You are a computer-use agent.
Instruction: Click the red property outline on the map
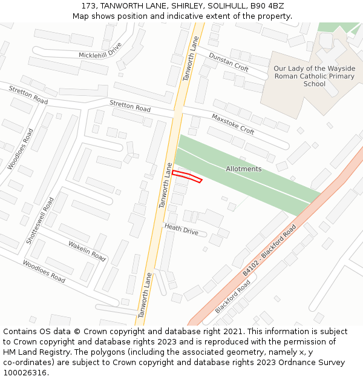pos(187,176)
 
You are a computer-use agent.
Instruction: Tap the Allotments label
pos(244,169)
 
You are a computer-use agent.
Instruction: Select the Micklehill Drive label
pos(100,50)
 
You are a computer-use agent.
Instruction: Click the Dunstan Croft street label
pos(229,62)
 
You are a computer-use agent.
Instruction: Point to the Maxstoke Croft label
pos(233,123)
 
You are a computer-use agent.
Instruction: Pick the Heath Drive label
pos(181,230)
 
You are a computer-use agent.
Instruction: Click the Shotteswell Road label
pos(40,220)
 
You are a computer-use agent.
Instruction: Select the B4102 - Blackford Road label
pos(269,250)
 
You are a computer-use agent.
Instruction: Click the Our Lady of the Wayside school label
pos(315,76)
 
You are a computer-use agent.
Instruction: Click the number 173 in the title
pos(88,6)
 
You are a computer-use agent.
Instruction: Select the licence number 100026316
pos(26,372)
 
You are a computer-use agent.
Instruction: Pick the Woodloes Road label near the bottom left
pos(44,271)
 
